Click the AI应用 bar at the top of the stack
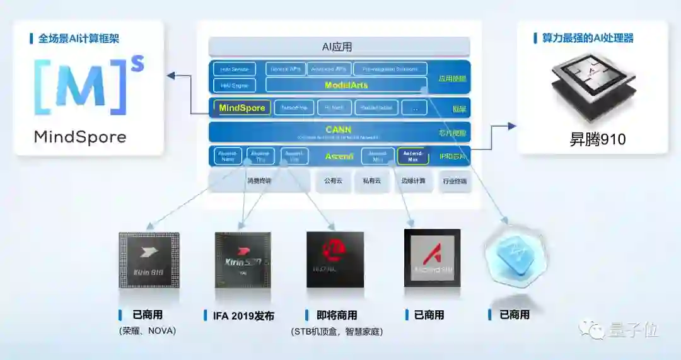click(339, 47)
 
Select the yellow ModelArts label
click(346, 85)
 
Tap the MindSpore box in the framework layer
click(242, 108)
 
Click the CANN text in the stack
click(339, 130)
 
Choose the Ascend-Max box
click(413, 156)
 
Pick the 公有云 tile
click(333, 181)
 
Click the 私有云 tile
click(371, 181)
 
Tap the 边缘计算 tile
click(413, 181)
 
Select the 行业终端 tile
click(454, 181)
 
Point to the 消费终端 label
click(259, 181)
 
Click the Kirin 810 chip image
click(149, 260)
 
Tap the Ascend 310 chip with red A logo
click(432, 258)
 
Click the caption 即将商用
click(335, 315)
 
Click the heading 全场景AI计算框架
click(78, 38)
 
